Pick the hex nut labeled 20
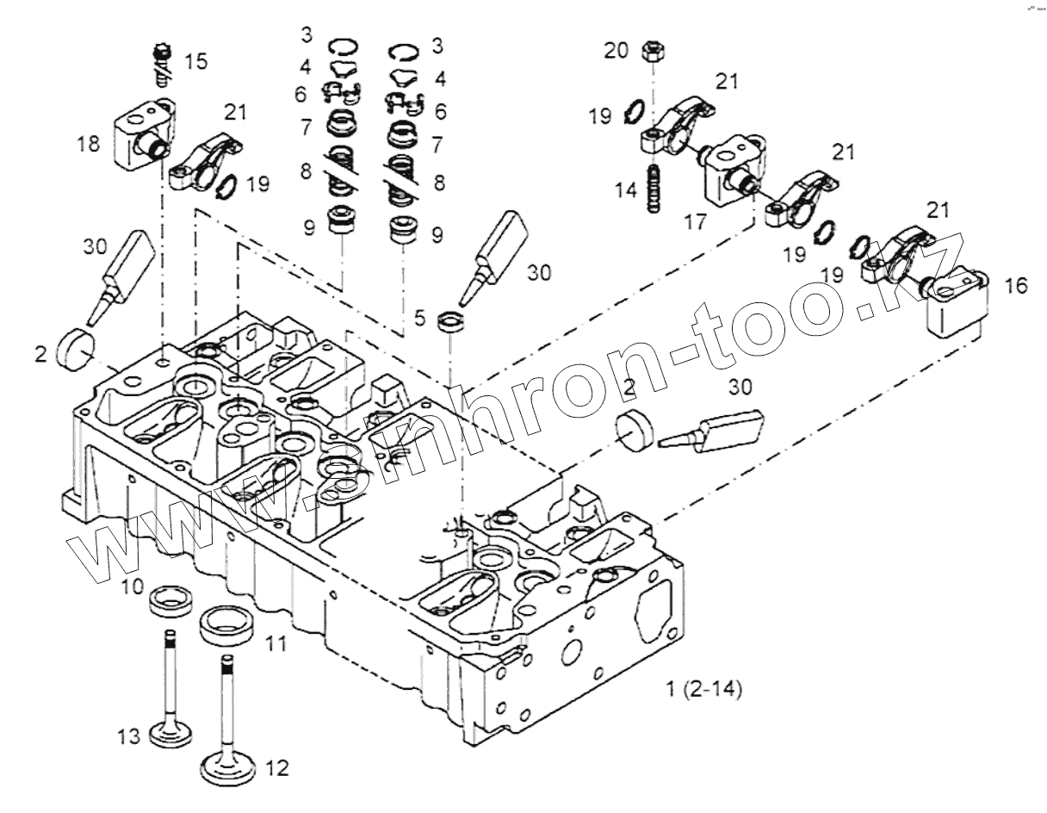651,53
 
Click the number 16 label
1016,286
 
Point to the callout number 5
419,318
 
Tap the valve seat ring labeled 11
226,625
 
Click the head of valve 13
171,735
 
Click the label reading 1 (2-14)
704,689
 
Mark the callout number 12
278,766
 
